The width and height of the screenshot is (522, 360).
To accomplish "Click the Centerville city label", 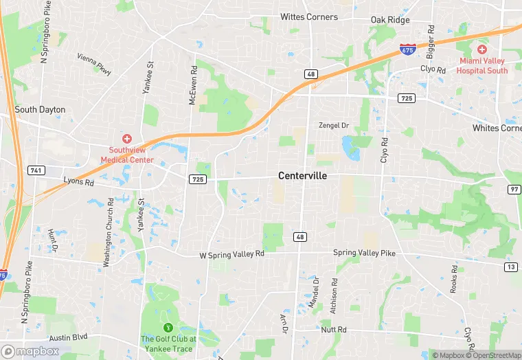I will coord(302,176).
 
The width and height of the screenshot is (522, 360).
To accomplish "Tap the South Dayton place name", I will coord(40,109).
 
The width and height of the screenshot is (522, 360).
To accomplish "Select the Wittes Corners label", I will coord(309,16).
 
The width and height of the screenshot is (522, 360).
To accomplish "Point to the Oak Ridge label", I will coord(390,20).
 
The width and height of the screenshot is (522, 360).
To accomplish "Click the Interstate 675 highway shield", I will coord(407,49).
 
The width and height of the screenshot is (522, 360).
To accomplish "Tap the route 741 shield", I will coord(36,170).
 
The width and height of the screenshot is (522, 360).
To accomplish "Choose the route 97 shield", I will coord(514,189).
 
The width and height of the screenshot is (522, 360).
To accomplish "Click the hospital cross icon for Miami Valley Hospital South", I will coord(482,49).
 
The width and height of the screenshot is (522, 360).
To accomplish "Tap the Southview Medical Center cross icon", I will coord(126,138).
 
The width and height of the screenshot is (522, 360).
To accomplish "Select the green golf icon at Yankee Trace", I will coord(168,327).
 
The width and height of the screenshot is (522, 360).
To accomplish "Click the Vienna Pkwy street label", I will coord(93,64).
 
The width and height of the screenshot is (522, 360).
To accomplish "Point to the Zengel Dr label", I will coord(334,125).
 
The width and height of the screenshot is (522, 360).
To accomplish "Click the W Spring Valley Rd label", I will coord(231,254).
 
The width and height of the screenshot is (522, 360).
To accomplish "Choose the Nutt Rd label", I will coord(334,330).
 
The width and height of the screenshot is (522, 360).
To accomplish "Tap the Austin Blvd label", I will coord(69,337).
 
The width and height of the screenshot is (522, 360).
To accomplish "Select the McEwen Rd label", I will coord(193,85).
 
